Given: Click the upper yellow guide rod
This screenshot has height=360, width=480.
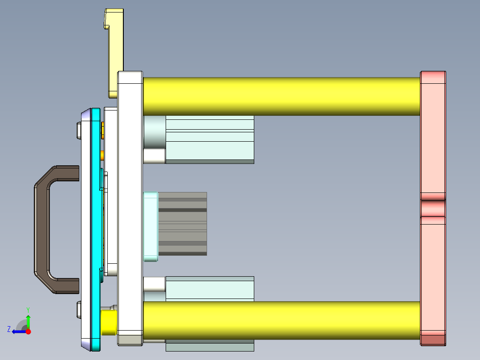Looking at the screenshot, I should (x=281, y=96).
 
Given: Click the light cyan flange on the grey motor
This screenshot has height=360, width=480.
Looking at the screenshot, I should (x=151, y=226).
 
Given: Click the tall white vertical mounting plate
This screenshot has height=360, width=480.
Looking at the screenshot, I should (x=130, y=205).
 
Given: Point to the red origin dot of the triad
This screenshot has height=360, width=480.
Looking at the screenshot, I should (x=28, y=331).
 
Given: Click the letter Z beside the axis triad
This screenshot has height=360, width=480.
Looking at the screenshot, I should (x=9, y=329).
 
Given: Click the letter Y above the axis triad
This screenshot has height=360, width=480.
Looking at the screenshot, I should (x=28, y=309).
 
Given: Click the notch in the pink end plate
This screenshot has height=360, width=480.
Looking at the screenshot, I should (x=433, y=208).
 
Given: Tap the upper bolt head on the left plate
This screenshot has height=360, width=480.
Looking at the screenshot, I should (x=79, y=130).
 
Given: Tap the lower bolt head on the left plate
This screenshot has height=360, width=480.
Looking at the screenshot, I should (x=79, y=310).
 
